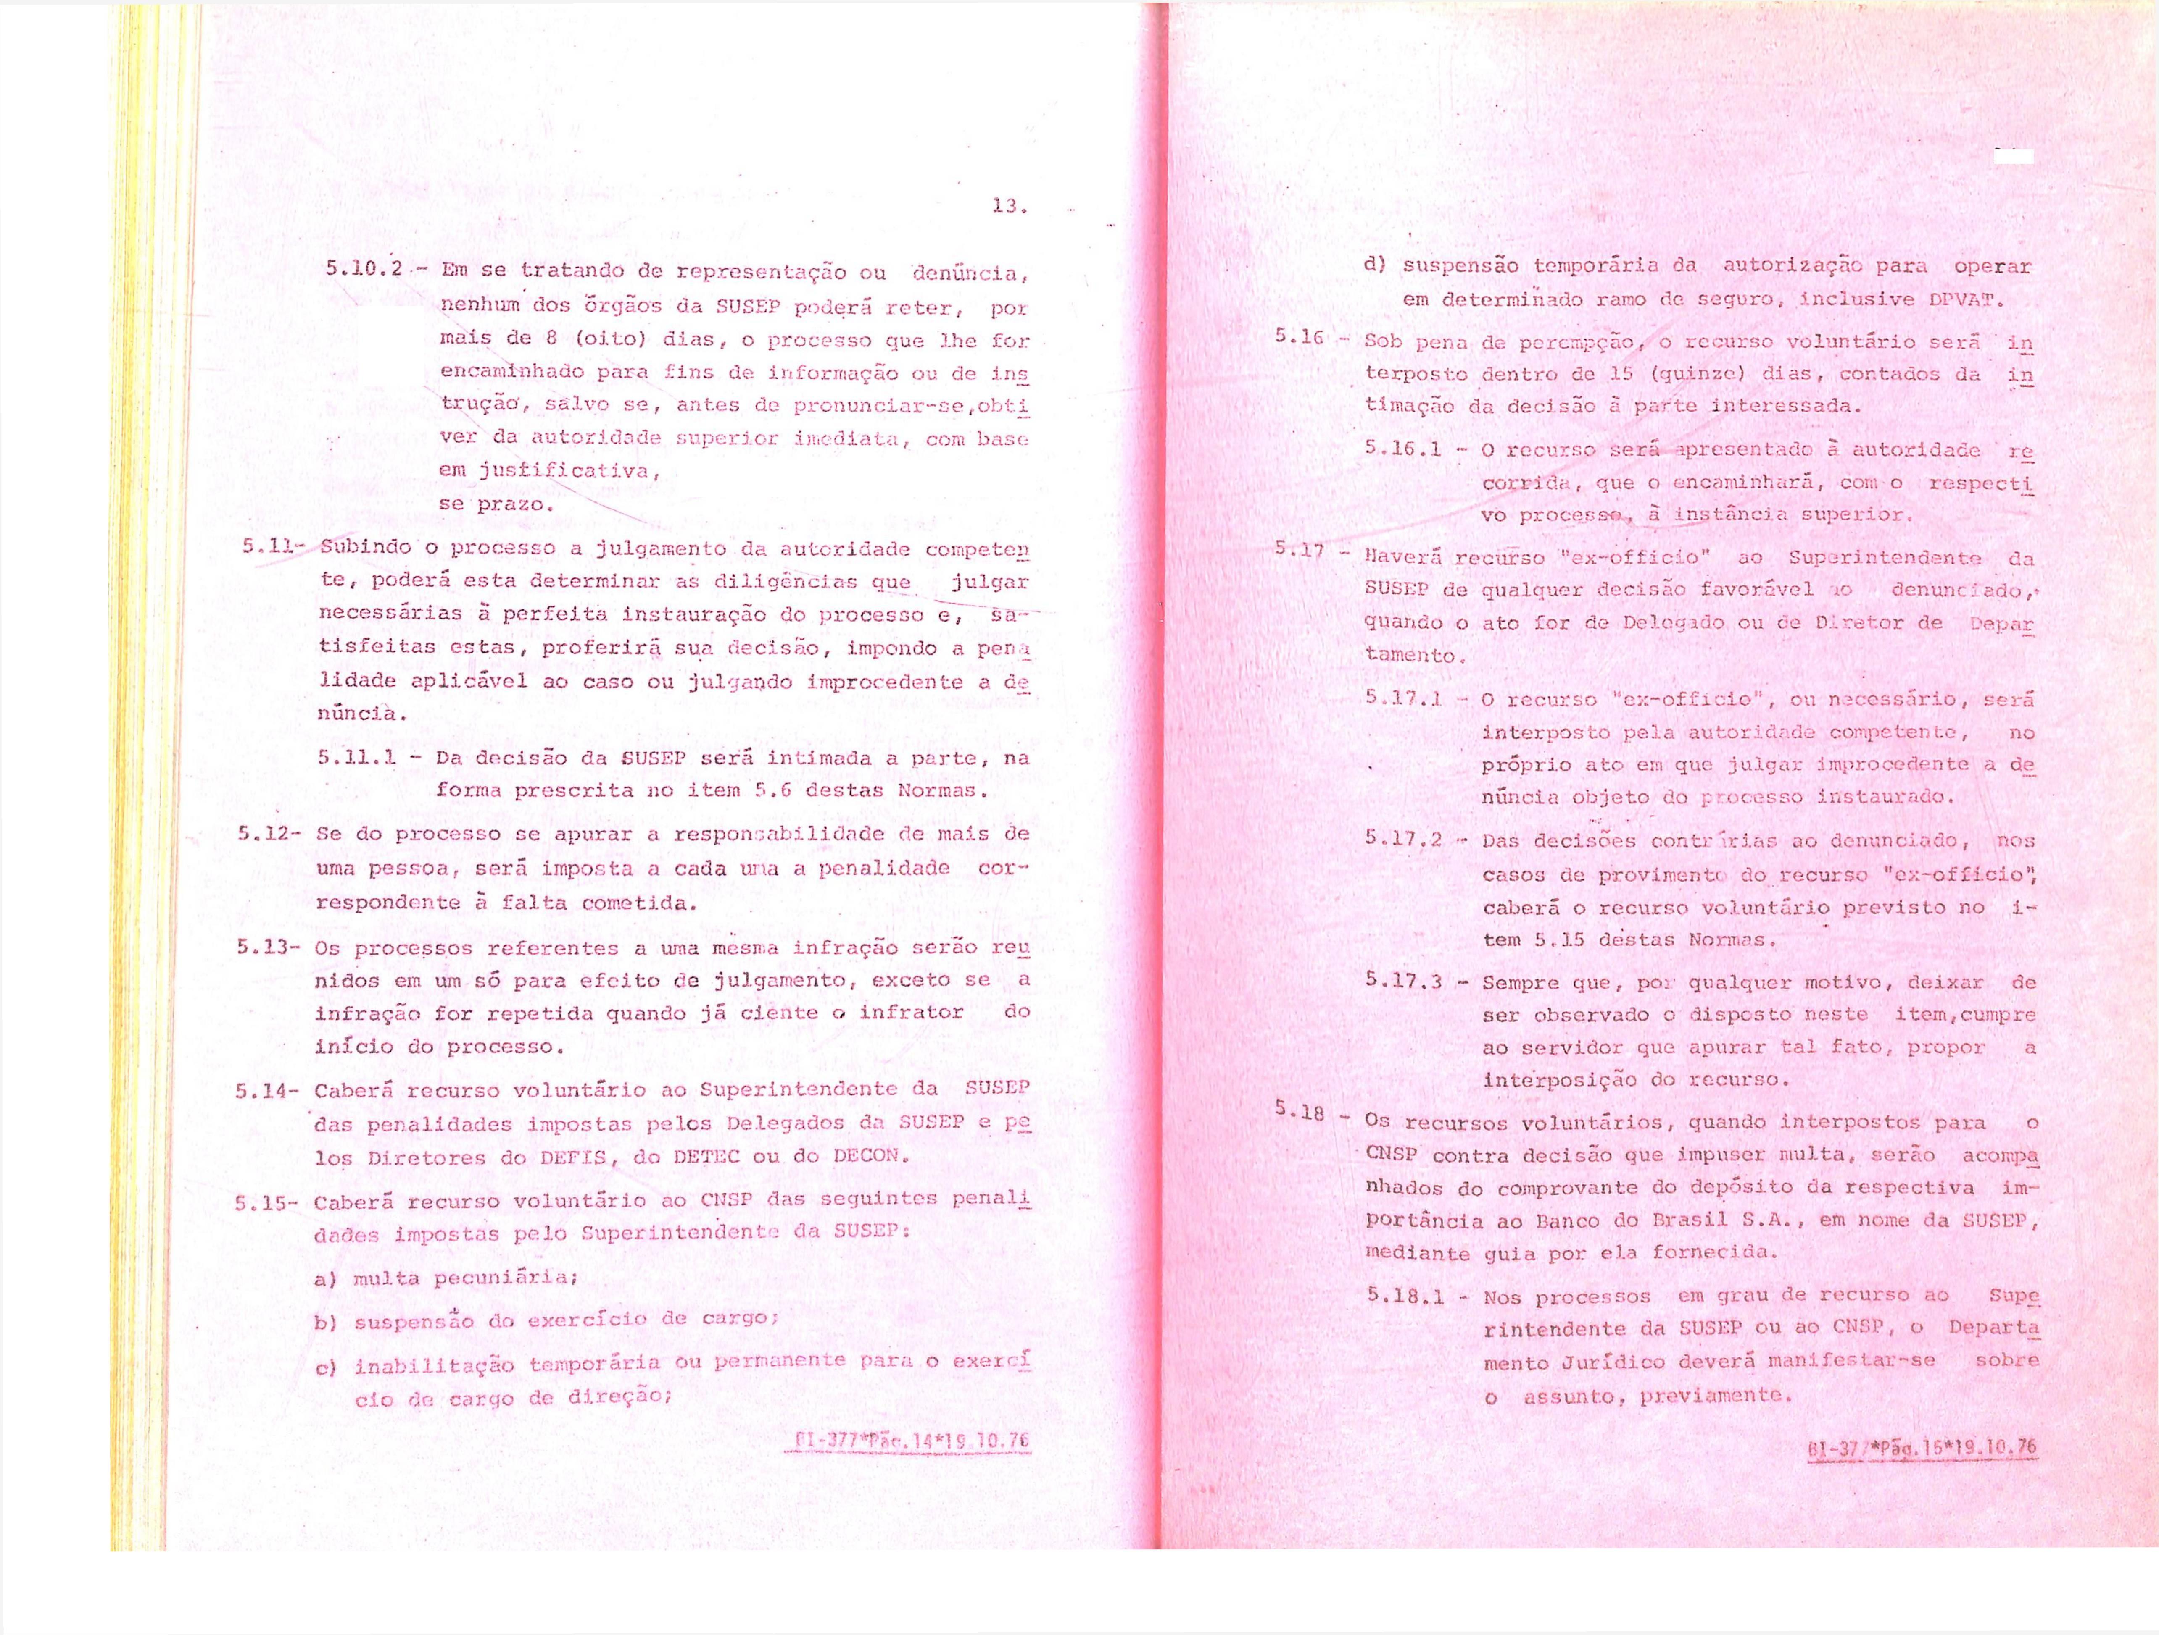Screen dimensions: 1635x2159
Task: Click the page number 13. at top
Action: (x=1008, y=207)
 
